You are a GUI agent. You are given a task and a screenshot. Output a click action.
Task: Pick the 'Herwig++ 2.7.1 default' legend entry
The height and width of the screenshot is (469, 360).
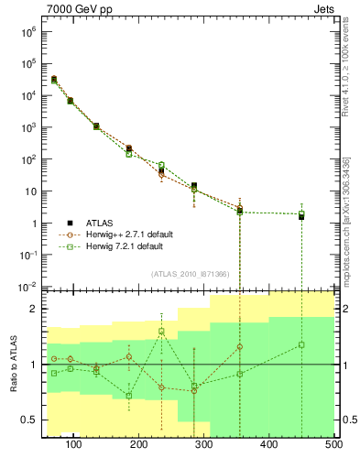tap(128, 234)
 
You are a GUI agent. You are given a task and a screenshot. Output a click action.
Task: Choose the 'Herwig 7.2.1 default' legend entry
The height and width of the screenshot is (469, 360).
tap(125, 246)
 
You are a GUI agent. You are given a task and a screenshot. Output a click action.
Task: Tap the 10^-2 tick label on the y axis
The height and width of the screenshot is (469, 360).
tap(27, 287)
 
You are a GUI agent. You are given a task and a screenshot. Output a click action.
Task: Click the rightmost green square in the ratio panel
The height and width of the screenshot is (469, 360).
tap(301, 344)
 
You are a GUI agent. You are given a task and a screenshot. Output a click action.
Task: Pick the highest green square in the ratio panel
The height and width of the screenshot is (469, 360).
tap(161, 331)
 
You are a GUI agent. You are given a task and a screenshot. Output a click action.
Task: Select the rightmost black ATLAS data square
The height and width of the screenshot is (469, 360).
tap(301, 217)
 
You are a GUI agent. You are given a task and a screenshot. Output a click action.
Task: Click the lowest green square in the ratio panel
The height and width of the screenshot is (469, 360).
tap(129, 396)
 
